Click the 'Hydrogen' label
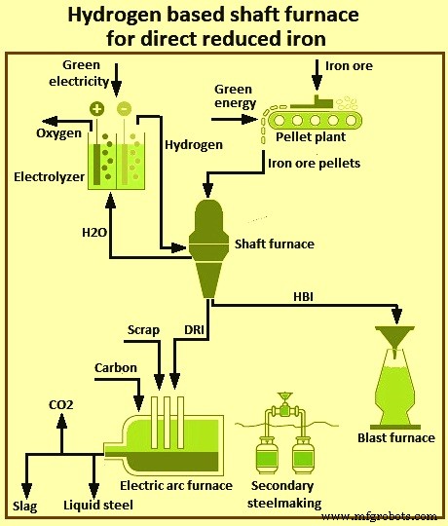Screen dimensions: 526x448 (x=194, y=144)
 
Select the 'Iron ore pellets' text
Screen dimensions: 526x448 (x=314, y=163)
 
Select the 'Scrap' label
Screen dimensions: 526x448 (x=143, y=330)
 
